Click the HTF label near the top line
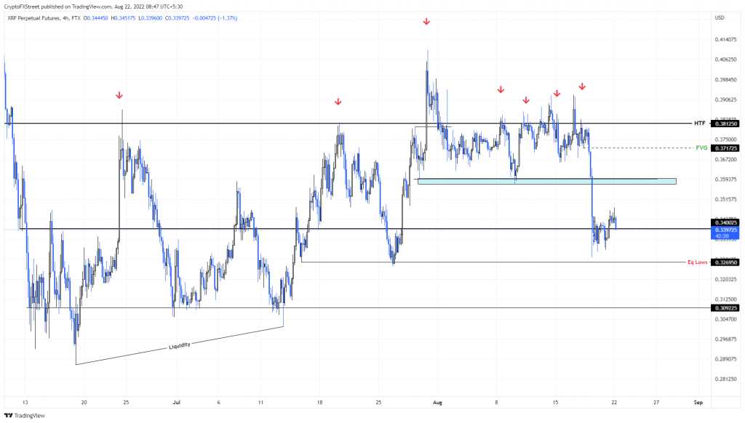pos(700,124)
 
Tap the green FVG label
pos(701,148)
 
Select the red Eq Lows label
pos(696,262)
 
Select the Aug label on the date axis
pos(437,400)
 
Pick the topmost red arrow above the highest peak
pos(426,23)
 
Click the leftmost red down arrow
pos(119,95)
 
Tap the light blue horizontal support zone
pos(546,180)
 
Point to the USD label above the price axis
pos(720,17)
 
